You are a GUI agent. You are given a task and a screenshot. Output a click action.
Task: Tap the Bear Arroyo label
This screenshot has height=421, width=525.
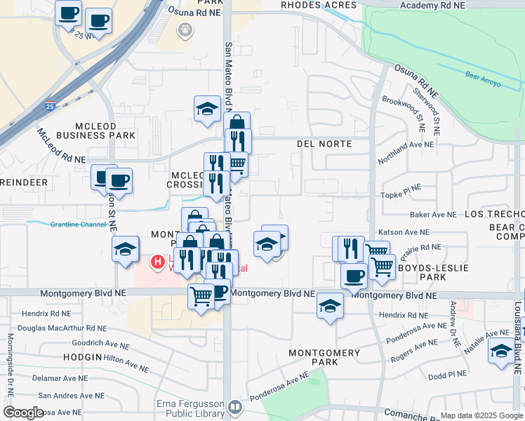[x=481, y=73]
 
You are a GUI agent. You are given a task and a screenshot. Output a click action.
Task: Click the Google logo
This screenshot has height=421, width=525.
[x=23, y=413]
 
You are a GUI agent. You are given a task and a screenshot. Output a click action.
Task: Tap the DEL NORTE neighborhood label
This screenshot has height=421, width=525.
[x=324, y=143]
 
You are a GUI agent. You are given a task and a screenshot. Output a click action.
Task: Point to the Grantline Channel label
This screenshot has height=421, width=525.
[x=77, y=225]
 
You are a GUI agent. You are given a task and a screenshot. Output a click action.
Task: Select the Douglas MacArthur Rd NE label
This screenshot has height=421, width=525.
[x=62, y=328]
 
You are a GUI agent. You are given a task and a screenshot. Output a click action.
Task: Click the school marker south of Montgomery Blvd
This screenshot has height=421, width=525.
[x=329, y=306]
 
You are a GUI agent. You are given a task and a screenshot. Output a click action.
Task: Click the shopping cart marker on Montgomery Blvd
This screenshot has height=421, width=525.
[x=201, y=297]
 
